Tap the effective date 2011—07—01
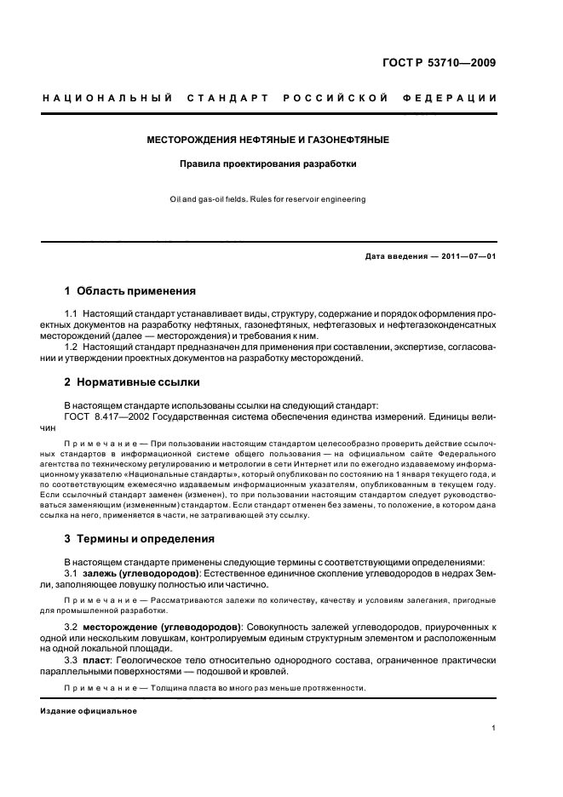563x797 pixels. [x=468, y=255]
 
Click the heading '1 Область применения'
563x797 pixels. [x=130, y=290]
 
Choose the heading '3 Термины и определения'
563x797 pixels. [x=140, y=539]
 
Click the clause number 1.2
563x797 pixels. [x=72, y=347]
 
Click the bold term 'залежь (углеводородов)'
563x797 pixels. [x=141, y=575]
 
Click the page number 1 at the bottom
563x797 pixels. [x=494, y=728]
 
